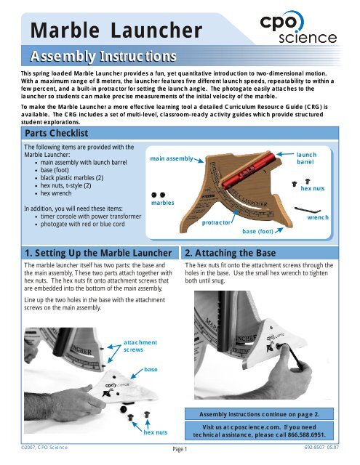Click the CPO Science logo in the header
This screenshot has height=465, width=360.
[298, 28]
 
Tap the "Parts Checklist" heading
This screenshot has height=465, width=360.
[57, 133]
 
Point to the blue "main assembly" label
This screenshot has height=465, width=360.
[172, 158]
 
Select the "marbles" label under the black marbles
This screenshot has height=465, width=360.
[163, 203]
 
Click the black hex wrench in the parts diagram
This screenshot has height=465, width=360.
[308, 210]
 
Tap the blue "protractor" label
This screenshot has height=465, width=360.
[216, 222]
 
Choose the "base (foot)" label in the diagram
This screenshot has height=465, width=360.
[257, 231]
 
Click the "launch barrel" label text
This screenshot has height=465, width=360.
[307, 158]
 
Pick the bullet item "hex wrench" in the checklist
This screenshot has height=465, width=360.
[56, 193]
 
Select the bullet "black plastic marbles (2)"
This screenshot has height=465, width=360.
[72, 178]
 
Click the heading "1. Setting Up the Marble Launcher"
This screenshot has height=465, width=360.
[98, 253]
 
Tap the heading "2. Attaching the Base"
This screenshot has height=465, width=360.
[231, 253]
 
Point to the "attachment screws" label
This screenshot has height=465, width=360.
[140, 346]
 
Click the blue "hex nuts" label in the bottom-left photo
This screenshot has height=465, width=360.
[156, 432]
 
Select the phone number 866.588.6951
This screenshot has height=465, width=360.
[307, 435]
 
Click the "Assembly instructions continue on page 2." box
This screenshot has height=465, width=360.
[259, 414]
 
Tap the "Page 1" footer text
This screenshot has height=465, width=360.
[180, 449]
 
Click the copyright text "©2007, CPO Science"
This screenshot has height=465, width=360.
[44, 448]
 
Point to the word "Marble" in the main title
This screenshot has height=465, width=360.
[65, 31]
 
